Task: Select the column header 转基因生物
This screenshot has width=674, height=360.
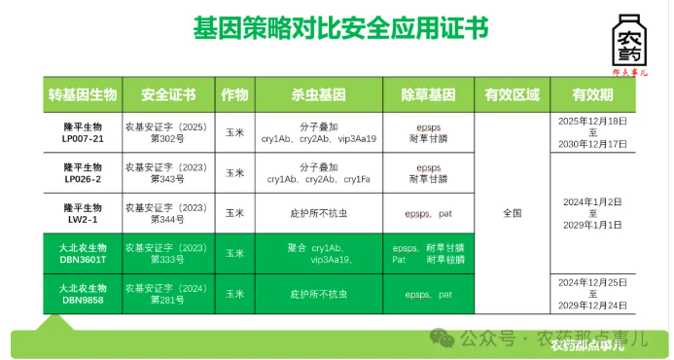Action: click(83, 94)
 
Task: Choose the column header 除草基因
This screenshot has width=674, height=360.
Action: click(428, 94)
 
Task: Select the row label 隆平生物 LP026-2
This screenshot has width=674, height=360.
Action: click(83, 173)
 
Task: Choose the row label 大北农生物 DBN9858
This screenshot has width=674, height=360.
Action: click(83, 294)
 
